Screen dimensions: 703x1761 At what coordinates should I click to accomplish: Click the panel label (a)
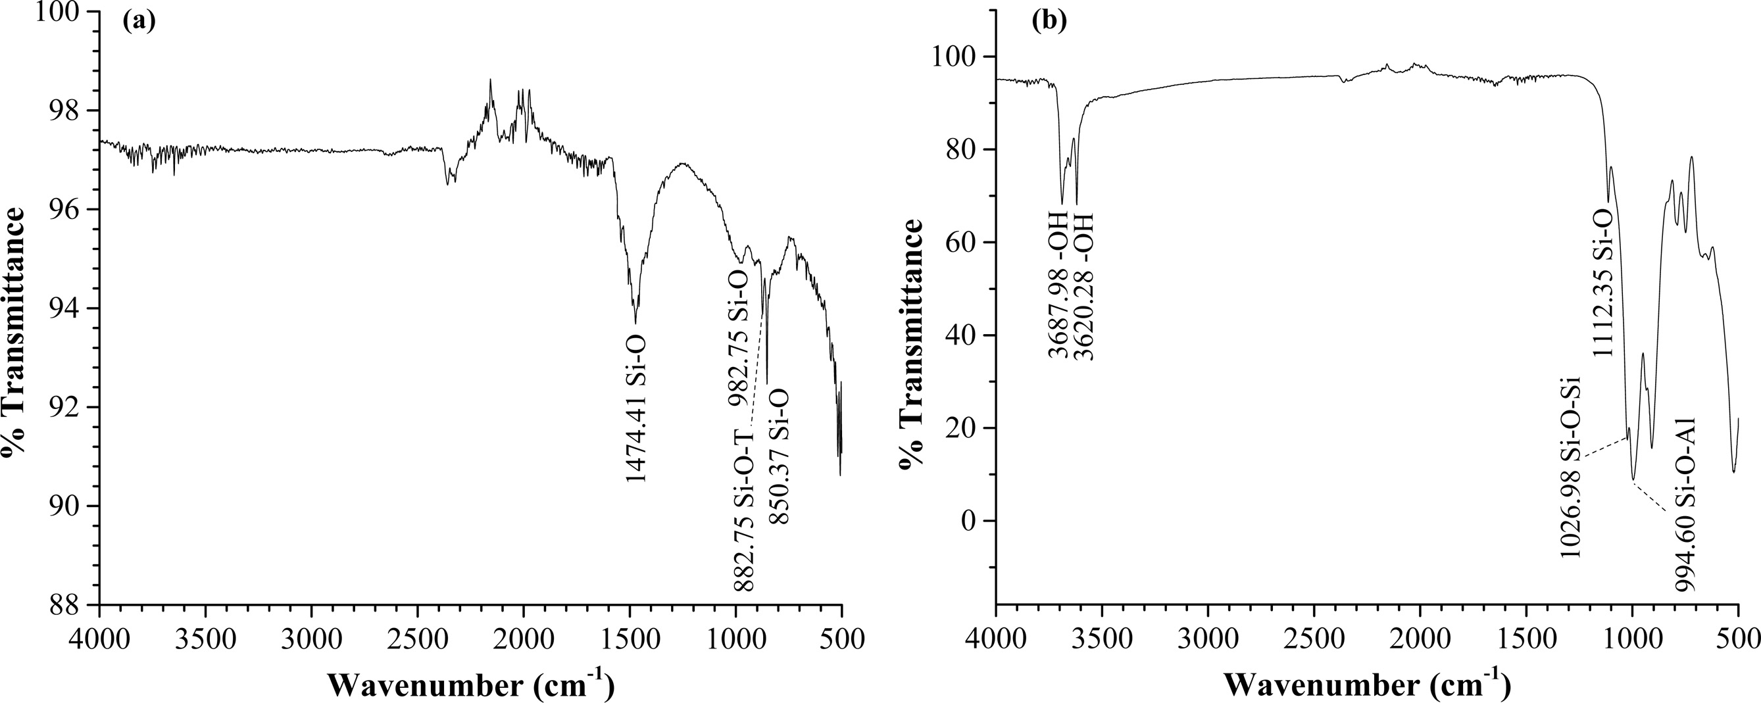[x=139, y=21]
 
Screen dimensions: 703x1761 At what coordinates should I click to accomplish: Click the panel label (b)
[x=1048, y=21]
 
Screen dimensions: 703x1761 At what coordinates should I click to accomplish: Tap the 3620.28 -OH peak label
[x=1083, y=286]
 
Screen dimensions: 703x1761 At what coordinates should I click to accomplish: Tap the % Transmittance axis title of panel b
[x=911, y=344]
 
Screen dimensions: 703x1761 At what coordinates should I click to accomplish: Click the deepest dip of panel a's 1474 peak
[x=635, y=322]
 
